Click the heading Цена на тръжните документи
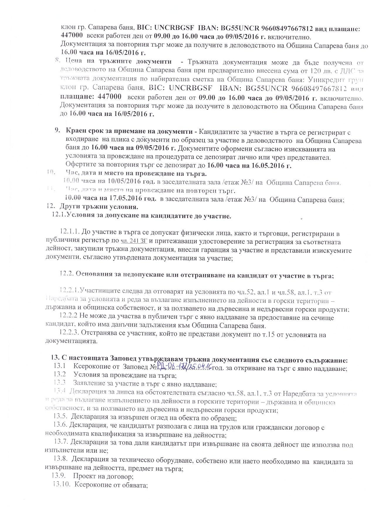pos(119,62)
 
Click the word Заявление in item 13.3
pos(88,384)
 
